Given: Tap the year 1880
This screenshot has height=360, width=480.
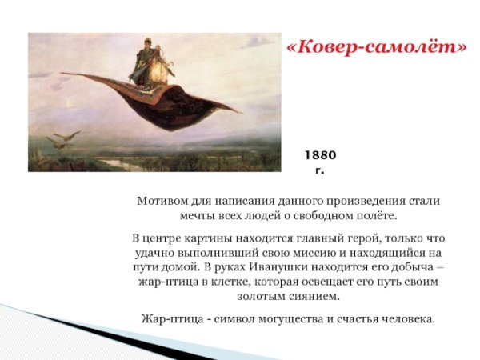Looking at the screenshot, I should point(320,155).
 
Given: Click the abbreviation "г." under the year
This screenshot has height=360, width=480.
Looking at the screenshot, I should point(319,171).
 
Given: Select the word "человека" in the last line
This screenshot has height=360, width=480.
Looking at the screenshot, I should point(407,318).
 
